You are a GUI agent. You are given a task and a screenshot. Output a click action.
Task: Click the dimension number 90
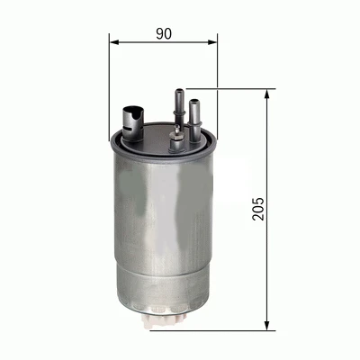(x=163, y=34)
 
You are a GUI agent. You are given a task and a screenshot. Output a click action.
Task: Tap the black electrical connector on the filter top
(x=131, y=117)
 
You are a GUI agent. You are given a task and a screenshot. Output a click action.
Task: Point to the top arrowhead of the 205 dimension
(x=268, y=94)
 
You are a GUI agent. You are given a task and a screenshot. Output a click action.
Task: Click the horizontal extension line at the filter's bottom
(x=234, y=329)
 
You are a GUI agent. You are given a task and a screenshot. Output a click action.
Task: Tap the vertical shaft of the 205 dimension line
(x=268, y=261)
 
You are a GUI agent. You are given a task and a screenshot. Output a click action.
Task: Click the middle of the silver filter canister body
(x=163, y=225)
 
